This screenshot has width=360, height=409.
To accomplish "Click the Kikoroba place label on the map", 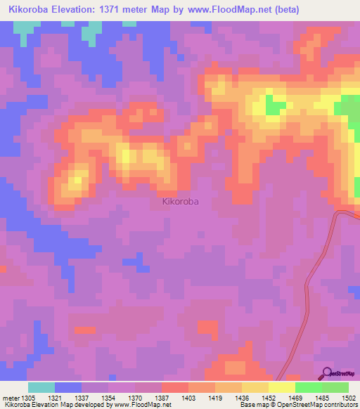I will coord(180,201).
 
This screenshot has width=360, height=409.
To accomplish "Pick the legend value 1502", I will coord(348,398).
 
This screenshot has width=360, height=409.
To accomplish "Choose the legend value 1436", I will coord(239,398).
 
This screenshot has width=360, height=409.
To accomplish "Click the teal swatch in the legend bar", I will coord(41,387).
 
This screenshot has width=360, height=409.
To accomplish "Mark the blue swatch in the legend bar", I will coord(68,387).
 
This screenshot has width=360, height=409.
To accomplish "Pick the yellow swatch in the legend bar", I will coord(282,387).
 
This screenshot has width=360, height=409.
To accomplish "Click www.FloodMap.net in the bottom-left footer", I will coord(143,405).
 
